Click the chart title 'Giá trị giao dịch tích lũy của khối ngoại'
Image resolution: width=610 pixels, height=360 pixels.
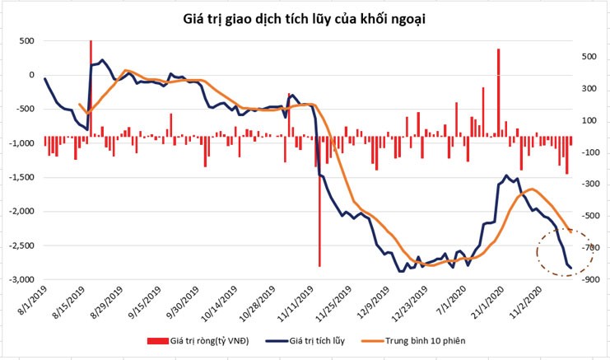pos(305,17)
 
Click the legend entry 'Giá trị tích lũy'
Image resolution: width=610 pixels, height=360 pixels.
pos(316,340)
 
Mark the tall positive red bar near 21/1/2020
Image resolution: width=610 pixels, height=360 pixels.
pos(498,91)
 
